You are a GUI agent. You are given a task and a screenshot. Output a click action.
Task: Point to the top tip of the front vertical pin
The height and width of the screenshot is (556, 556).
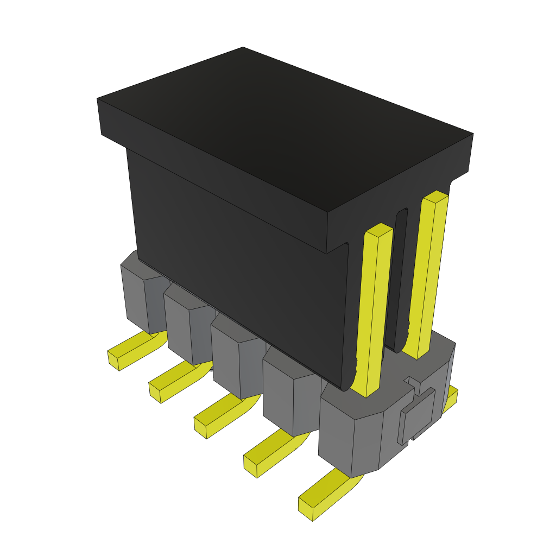379,229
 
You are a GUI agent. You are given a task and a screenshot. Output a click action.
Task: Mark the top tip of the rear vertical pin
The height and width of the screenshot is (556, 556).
435,195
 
